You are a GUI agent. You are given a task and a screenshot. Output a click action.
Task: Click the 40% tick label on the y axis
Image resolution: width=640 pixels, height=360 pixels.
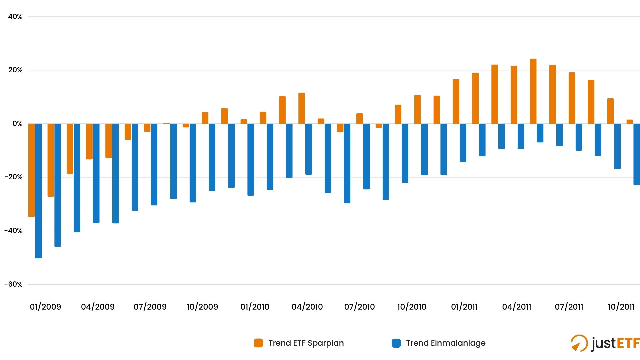[15, 17]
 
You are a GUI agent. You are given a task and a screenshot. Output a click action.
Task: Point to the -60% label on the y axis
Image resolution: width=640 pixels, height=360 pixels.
[14, 284]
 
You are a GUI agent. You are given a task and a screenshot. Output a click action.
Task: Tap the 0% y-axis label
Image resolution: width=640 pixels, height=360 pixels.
[17, 124]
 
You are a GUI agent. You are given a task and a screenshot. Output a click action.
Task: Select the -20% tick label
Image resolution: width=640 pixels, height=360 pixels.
[14, 177]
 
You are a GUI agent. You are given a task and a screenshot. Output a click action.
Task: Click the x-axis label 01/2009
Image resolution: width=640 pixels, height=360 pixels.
[45, 307]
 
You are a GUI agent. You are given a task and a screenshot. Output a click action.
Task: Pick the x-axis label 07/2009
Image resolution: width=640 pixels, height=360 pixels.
[150, 307]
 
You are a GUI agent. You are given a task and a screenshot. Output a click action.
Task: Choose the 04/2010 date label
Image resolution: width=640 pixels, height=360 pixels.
[307, 307]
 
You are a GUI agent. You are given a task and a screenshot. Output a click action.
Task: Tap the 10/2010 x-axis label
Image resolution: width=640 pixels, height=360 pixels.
[412, 307]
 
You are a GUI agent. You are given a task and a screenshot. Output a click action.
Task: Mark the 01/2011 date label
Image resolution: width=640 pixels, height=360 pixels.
[464, 307]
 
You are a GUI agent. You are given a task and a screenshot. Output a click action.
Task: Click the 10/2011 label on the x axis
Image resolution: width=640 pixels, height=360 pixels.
[621, 307]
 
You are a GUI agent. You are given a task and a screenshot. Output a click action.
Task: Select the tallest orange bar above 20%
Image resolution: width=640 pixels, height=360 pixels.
[533, 91]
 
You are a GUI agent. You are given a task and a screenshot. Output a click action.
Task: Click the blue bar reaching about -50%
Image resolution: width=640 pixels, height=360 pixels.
[38, 191]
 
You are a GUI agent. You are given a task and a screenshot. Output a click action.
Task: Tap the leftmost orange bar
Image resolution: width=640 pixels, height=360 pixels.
[31, 170]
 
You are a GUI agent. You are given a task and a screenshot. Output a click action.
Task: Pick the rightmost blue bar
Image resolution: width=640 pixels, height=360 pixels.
[636, 154]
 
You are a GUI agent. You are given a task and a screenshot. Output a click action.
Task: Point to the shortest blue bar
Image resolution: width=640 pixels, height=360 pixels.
[540, 133]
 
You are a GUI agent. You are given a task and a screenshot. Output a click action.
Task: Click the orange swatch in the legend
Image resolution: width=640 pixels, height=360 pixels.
[258, 343]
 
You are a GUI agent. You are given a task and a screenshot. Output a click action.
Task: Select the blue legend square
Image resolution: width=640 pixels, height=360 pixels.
[396, 343]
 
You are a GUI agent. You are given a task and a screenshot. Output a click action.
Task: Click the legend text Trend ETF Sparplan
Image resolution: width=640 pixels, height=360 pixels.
[306, 343]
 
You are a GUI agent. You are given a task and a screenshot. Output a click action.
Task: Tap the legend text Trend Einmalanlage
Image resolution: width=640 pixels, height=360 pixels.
[446, 343]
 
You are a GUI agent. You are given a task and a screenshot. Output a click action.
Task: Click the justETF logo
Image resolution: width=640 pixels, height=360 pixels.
[605, 343]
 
